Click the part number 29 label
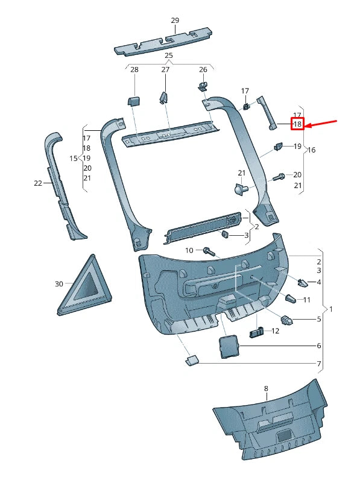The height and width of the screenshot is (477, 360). [x=175, y=21]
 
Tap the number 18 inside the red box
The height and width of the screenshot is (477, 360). [x=297, y=124]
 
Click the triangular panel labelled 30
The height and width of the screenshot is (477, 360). [x=86, y=285]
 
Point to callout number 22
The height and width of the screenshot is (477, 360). [x=38, y=183]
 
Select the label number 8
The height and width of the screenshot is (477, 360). [x=266, y=389]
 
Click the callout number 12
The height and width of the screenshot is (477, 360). [x=276, y=330]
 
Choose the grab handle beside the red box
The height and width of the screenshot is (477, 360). [x=267, y=112]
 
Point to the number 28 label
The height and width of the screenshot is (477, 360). [x=134, y=70]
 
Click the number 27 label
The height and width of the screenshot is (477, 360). [x=165, y=70]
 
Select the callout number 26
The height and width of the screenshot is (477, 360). [x=203, y=70]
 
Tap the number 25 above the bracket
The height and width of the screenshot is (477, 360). [x=169, y=55]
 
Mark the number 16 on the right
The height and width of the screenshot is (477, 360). [x=312, y=150]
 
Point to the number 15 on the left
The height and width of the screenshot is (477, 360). [x=73, y=159]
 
